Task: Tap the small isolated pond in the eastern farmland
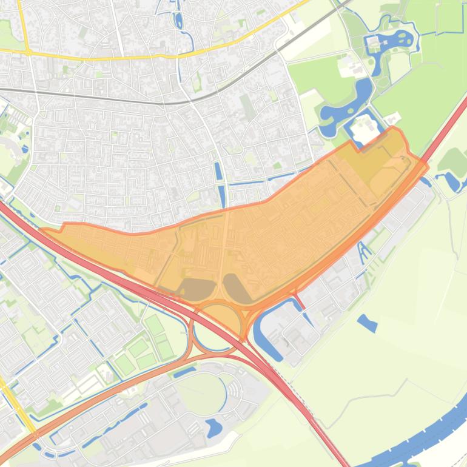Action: click(367, 323)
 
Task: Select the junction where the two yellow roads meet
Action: click(28, 52)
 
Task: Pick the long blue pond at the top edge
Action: click(178, 21)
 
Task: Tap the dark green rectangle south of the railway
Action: click(248, 107)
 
